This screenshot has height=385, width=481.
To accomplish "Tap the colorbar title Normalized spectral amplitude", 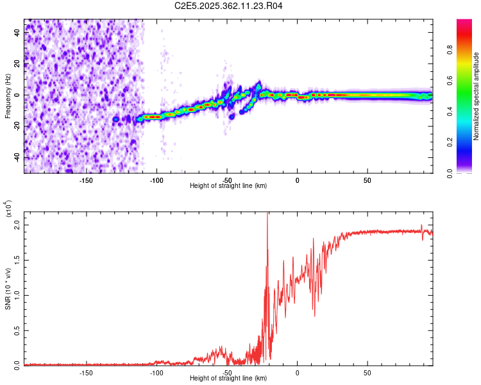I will point(477,96).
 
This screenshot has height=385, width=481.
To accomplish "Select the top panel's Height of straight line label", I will point(229,185).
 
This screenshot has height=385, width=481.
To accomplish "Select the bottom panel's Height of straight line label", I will point(229,378).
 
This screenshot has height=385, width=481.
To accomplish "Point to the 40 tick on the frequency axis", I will point(18,33).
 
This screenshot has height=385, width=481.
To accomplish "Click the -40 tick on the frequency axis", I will point(18,157).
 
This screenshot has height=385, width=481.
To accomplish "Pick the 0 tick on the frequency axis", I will point(18,95).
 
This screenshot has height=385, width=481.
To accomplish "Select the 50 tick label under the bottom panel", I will point(367,372).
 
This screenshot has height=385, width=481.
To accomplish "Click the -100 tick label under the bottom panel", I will point(156,372).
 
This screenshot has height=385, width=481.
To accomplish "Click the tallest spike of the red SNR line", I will point(267,216).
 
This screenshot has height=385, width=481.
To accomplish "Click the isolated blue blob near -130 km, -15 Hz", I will point(116,119).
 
